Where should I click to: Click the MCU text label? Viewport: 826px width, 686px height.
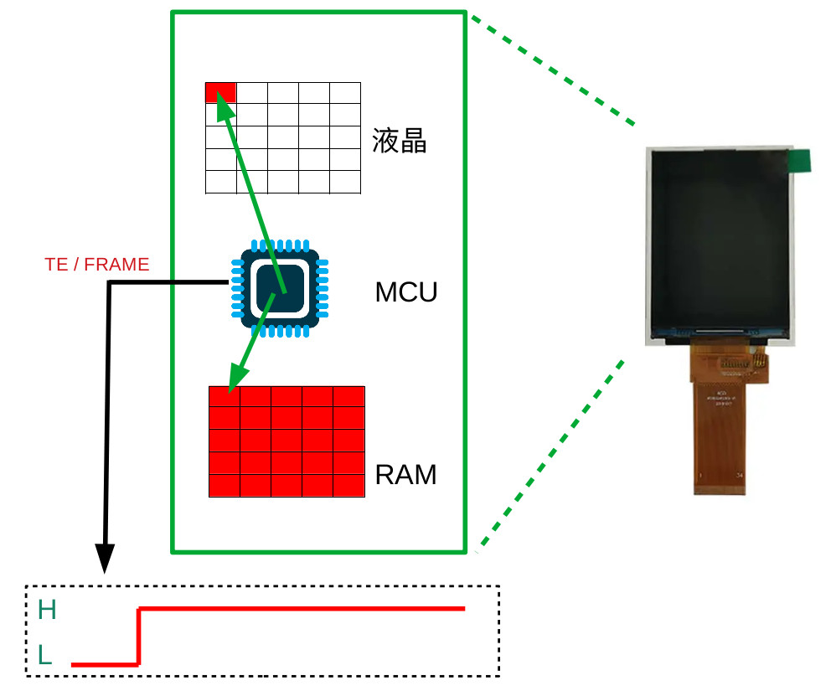pos(406,293)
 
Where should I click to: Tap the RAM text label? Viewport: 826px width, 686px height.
pos(405,475)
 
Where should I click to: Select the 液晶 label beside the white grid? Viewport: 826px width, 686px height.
pos(400,142)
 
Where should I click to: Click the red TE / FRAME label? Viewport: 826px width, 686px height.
pos(96,265)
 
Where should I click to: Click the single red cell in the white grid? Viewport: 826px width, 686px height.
pos(220,92)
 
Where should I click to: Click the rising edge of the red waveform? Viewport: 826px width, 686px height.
pos(139,637)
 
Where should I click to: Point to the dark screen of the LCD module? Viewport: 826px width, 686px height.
pos(719,239)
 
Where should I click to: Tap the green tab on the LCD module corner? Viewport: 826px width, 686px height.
pos(803,161)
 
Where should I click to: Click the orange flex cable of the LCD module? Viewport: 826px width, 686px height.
pos(719,427)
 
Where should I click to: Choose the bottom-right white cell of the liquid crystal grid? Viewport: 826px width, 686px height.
pos(345,182)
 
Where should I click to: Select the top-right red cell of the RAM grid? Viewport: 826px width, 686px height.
pos(348,396)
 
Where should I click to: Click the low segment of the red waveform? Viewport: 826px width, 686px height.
pos(105,664)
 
